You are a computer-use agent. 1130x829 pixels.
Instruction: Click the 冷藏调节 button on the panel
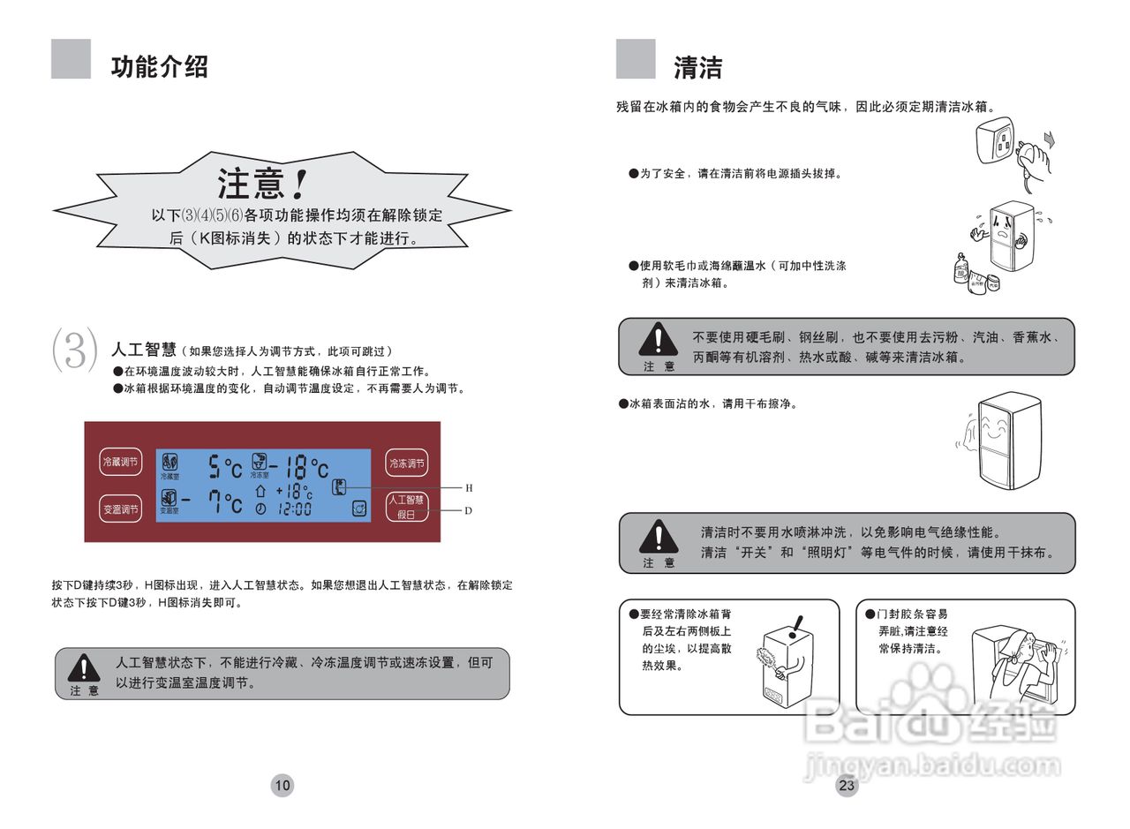coord(120,462)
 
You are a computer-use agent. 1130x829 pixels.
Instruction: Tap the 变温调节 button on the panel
coord(120,509)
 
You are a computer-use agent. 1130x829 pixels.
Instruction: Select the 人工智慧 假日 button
coord(406,508)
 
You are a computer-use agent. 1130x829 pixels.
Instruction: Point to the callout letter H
coord(469,487)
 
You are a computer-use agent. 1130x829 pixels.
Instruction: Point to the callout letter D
coord(469,510)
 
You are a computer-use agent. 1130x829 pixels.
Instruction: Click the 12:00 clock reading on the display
coord(294,509)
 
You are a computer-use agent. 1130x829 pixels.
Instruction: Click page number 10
coord(282,785)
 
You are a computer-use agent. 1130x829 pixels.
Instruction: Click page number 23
coord(847,785)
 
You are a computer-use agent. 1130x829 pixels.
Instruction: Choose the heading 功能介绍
coord(159,67)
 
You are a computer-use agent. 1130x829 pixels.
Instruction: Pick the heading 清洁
coord(697,67)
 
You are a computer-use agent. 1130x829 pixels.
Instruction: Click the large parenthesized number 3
coord(75,350)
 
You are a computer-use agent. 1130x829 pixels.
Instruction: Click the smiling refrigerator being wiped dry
coord(1006,439)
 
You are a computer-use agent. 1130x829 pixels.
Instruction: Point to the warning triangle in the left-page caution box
coord(85,667)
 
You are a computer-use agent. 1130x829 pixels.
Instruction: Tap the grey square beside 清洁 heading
coord(636,59)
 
